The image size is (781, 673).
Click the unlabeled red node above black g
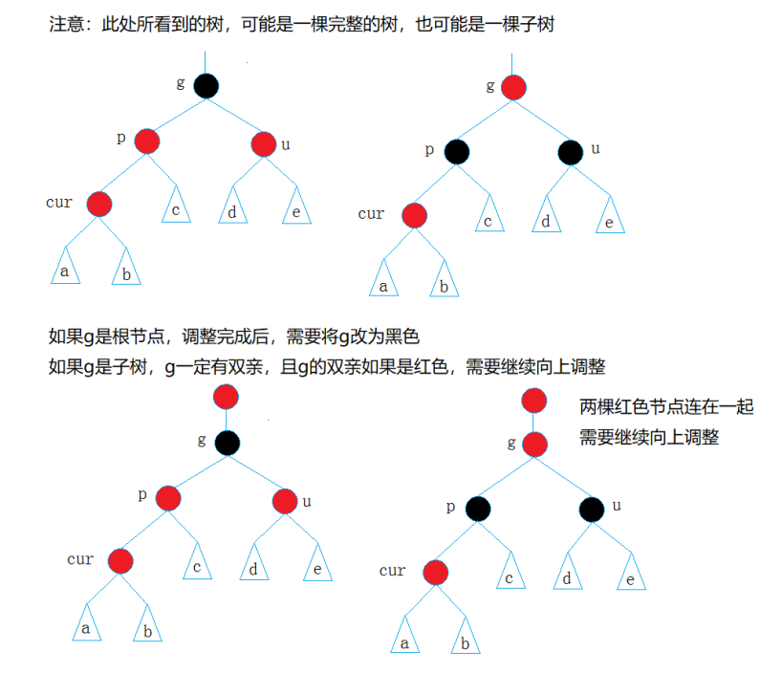(x=227, y=397)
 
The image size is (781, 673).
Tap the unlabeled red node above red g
(x=534, y=402)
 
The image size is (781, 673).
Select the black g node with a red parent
(x=227, y=442)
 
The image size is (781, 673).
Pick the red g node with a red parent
(x=534, y=445)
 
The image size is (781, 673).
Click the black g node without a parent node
(x=206, y=86)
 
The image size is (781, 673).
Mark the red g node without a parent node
(x=513, y=88)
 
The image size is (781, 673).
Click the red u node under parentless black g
(x=264, y=144)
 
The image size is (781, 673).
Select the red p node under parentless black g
(x=146, y=142)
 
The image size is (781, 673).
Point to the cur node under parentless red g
(x=414, y=216)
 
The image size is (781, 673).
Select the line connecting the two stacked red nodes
(x=534, y=423)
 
